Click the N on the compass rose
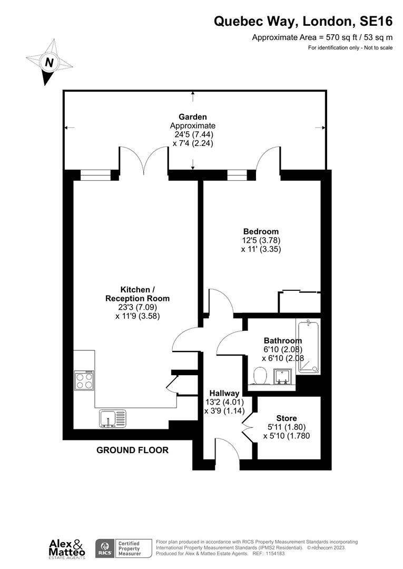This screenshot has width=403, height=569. click(x=49, y=62)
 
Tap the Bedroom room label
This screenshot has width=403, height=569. click(x=261, y=231)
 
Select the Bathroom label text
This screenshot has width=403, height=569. click(x=283, y=341)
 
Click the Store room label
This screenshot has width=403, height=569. click(x=286, y=418)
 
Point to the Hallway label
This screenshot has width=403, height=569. click(x=224, y=393)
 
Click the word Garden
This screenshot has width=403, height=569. click(x=192, y=117)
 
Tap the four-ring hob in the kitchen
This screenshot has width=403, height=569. click(x=84, y=380)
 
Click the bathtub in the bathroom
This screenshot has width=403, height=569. click(x=309, y=347)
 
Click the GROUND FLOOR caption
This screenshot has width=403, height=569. click(x=132, y=450)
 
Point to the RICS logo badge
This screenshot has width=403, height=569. click(x=103, y=548)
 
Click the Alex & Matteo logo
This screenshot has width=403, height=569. click(x=65, y=548)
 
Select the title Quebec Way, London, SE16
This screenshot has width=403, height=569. click(x=303, y=22)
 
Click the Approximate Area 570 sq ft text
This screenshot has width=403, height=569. click(x=322, y=37)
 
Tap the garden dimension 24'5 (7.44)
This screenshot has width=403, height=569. click(x=193, y=134)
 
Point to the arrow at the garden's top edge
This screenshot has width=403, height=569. click(x=193, y=94)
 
